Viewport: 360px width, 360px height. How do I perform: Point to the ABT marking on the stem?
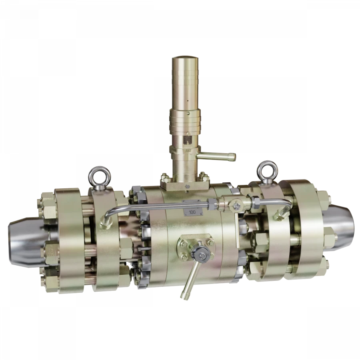[x=188, y=151]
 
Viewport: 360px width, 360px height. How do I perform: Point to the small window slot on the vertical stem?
[x=187, y=141]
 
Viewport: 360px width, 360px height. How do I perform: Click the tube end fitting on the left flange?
[x=105, y=223]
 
